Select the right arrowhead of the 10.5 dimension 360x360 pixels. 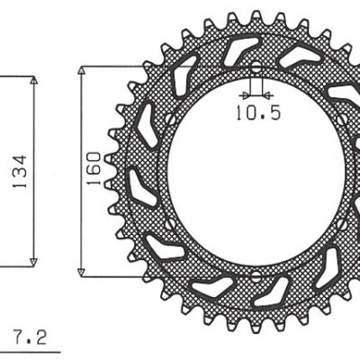pos(265,93)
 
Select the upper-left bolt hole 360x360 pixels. pos(168,120)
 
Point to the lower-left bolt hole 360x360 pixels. pos(168,222)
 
